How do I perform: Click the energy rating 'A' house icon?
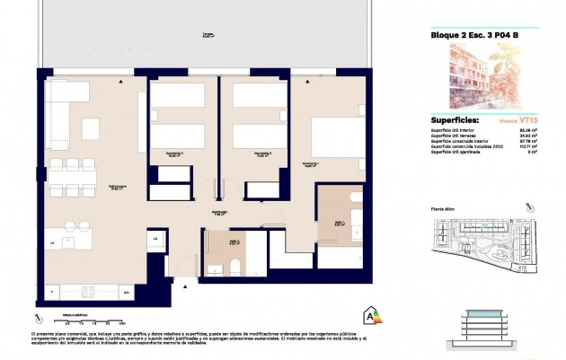click(x=368, y=315)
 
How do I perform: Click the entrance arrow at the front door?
click(x=185, y=286)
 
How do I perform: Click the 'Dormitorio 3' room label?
click(x=175, y=154)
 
